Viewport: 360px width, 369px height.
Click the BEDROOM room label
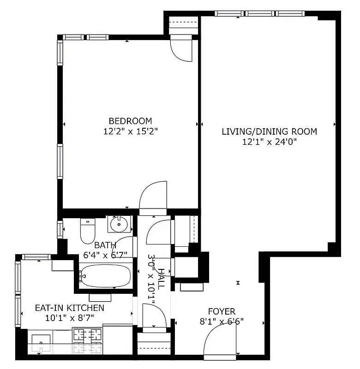click(131, 121)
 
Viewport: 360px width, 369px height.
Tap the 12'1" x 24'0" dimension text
click(270, 142)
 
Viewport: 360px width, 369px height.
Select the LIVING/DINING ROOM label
click(270, 131)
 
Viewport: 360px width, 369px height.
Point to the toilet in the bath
click(87, 231)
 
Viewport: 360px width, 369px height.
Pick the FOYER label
click(222, 311)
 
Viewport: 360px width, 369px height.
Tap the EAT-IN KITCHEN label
click(70, 308)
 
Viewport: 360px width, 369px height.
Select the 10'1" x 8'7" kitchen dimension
click(70, 318)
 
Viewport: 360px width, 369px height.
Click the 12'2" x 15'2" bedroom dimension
click(131, 131)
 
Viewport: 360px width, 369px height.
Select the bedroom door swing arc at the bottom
click(154, 196)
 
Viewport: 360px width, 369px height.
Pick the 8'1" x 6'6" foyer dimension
click(222, 322)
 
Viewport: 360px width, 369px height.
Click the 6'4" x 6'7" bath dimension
click(104, 254)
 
